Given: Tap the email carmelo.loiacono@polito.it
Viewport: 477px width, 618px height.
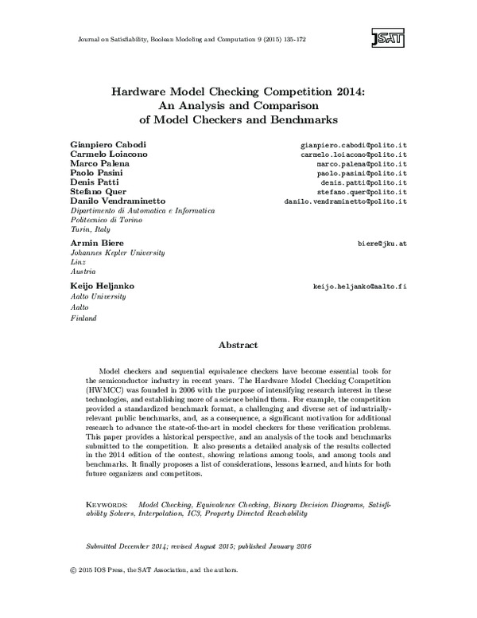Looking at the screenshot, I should click(x=355, y=154).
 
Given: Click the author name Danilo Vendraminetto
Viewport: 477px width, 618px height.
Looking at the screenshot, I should click(x=119, y=201).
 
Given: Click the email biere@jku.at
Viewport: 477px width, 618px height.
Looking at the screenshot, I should click(x=382, y=242).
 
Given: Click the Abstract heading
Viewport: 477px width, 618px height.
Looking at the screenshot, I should click(x=238, y=345).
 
